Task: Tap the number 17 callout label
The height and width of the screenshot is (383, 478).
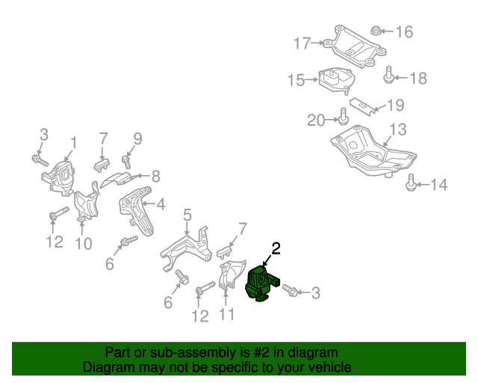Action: tap(301, 44)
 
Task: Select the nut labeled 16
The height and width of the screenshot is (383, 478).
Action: tap(377, 31)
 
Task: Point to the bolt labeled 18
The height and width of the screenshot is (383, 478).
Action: tap(389, 75)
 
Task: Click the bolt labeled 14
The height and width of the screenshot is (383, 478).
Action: tap(411, 182)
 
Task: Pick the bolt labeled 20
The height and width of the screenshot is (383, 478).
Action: tap(343, 117)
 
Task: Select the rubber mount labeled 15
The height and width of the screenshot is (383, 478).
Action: tap(336, 79)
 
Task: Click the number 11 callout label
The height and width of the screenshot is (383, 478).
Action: tap(227, 314)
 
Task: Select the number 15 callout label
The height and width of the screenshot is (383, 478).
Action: tap(296, 79)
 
